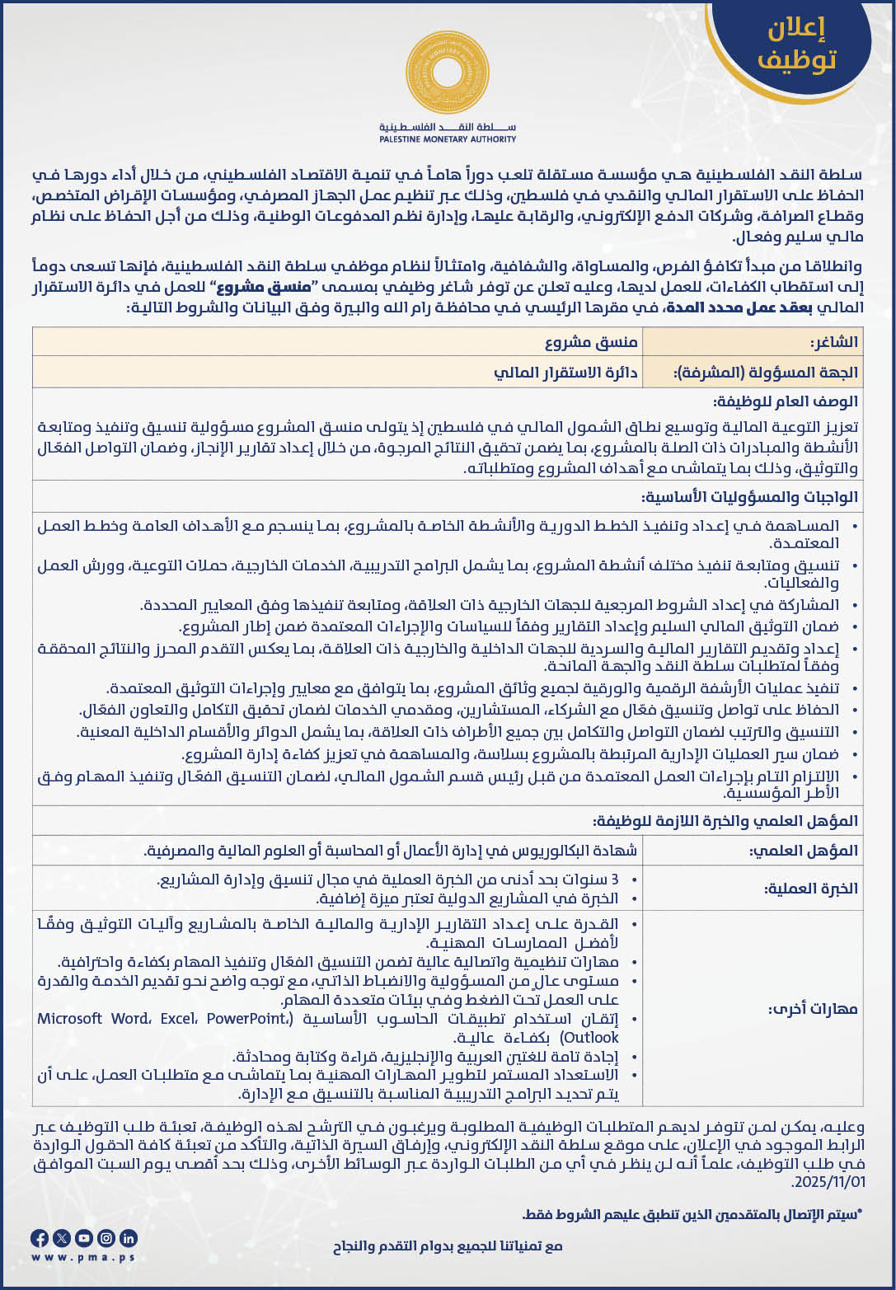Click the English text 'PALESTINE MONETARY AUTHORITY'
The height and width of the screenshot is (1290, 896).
pos(448,139)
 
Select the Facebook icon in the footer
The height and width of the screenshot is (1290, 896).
pos(39,1237)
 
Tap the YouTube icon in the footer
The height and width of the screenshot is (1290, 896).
pos(83,1237)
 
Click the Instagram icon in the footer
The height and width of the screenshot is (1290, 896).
pos(106,1237)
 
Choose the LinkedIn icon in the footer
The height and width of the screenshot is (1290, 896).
pos(128,1237)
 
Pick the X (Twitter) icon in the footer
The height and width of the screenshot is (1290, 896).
pos(61,1237)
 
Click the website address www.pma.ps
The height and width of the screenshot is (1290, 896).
pos(82,1257)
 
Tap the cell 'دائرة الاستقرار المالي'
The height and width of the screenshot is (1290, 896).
pos(566,373)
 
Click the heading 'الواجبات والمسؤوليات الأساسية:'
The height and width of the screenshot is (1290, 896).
pos(749,497)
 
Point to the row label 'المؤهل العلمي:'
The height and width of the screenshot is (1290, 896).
pos(804,851)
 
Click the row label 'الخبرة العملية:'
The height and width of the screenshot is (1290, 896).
pos(811,889)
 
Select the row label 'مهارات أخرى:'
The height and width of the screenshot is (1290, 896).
pos(814,1009)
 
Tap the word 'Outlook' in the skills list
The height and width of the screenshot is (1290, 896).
pos(589,1037)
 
